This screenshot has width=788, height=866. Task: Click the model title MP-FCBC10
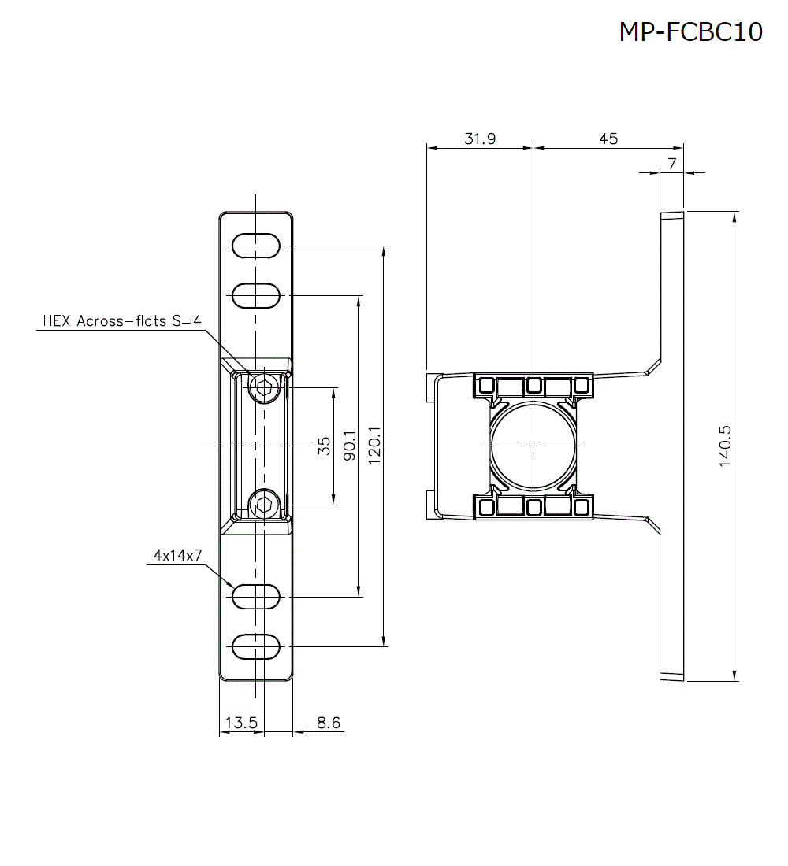[690, 31]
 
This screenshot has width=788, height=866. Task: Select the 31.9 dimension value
[480, 139]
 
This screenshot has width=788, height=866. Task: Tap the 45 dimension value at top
[608, 139]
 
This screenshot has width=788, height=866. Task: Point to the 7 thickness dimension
[671, 164]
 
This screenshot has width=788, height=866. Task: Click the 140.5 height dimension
[725, 446]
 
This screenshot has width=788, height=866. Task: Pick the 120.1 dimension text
[374, 446]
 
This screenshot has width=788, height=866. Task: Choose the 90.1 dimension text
[349, 446]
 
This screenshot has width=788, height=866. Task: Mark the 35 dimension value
[324, 446]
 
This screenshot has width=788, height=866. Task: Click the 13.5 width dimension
[241, 723]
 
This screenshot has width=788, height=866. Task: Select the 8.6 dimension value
[328, 723]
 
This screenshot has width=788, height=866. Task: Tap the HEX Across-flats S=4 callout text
[122, 321]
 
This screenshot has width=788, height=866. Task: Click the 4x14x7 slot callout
[178, 555]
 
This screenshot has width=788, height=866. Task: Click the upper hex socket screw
[263, 387]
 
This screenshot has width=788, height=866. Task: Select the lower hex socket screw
[263, 504]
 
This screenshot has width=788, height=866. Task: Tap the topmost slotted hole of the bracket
[256, 246]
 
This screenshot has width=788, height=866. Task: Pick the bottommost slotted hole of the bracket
[256, 646]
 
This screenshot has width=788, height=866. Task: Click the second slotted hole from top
[256, 296]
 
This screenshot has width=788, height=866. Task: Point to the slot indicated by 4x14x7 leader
[256, 597]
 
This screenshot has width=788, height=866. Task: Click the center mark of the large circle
[533, 446]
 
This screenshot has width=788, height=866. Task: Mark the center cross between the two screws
[256, 446]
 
